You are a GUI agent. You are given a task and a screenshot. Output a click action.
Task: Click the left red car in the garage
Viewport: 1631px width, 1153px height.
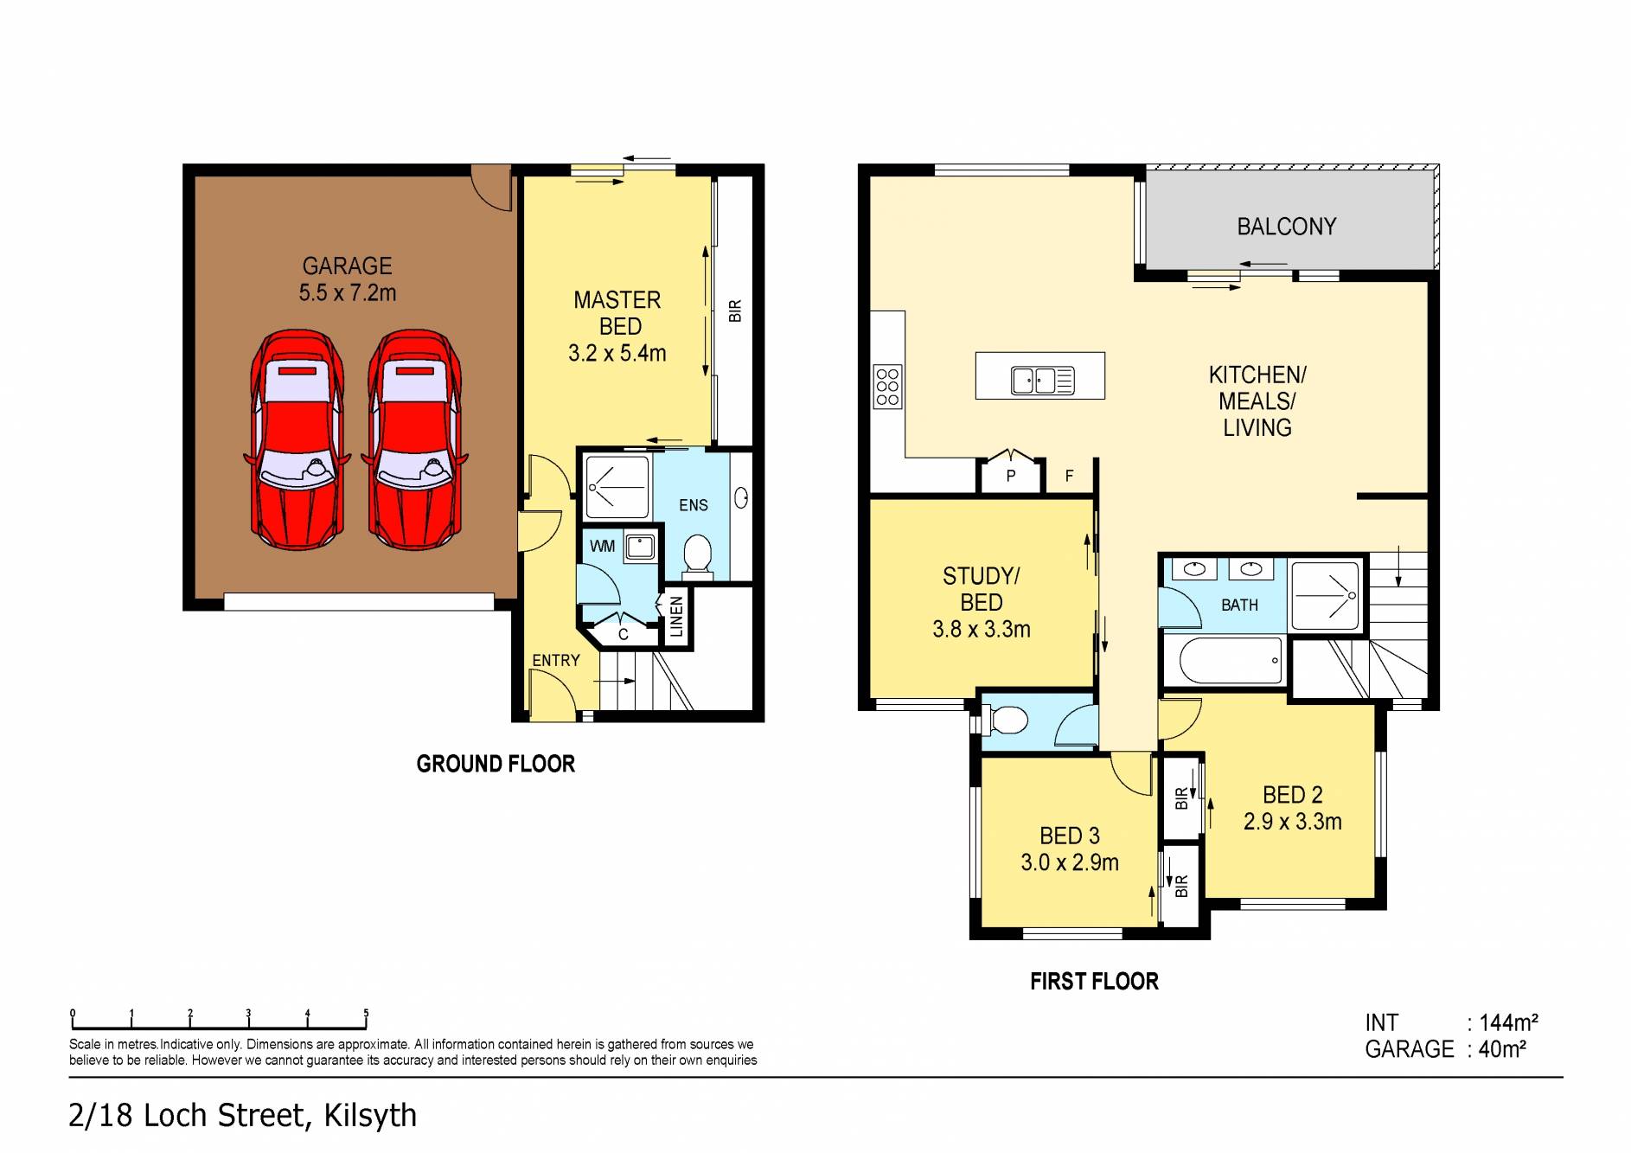tap(297, 439)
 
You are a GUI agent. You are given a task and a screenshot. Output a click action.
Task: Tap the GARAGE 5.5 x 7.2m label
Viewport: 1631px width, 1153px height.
tap(347, 279)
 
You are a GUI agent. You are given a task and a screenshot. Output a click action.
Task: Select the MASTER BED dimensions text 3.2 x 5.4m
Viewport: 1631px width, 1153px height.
tap(617, 353)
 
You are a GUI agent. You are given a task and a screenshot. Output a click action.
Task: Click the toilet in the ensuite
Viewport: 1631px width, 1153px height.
tap(697, 555)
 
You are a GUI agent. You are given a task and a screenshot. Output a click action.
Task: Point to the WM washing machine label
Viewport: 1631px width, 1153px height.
tap(602, 546)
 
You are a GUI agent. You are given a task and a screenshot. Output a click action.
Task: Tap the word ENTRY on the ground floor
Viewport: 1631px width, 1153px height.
tap(555, 660)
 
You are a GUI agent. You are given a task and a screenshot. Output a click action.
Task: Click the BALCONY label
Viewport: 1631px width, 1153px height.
tap(1286, 227)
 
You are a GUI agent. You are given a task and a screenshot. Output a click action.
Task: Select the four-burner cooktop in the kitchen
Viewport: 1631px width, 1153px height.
tap(887, 386)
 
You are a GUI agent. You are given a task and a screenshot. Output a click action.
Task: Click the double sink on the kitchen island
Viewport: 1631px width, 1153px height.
tap(1042, 380)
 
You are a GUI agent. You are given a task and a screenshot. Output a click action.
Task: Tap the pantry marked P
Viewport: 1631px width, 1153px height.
tap(1010, 475)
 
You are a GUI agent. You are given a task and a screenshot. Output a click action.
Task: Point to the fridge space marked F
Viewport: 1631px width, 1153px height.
tap(1069, 476)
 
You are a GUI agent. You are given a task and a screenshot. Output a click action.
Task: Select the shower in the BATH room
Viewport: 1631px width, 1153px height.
tap(1324, 595)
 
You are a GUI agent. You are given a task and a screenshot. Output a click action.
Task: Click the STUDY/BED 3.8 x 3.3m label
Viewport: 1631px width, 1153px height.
tap(981, 602)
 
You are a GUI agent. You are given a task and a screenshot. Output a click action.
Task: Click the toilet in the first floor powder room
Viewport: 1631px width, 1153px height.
tap(1005, 719)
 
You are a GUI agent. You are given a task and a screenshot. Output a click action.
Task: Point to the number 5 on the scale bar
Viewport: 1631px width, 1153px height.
tap(366, 1013)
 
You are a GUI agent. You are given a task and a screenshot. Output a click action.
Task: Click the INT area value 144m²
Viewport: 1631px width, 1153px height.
tap(1507, 1022)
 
